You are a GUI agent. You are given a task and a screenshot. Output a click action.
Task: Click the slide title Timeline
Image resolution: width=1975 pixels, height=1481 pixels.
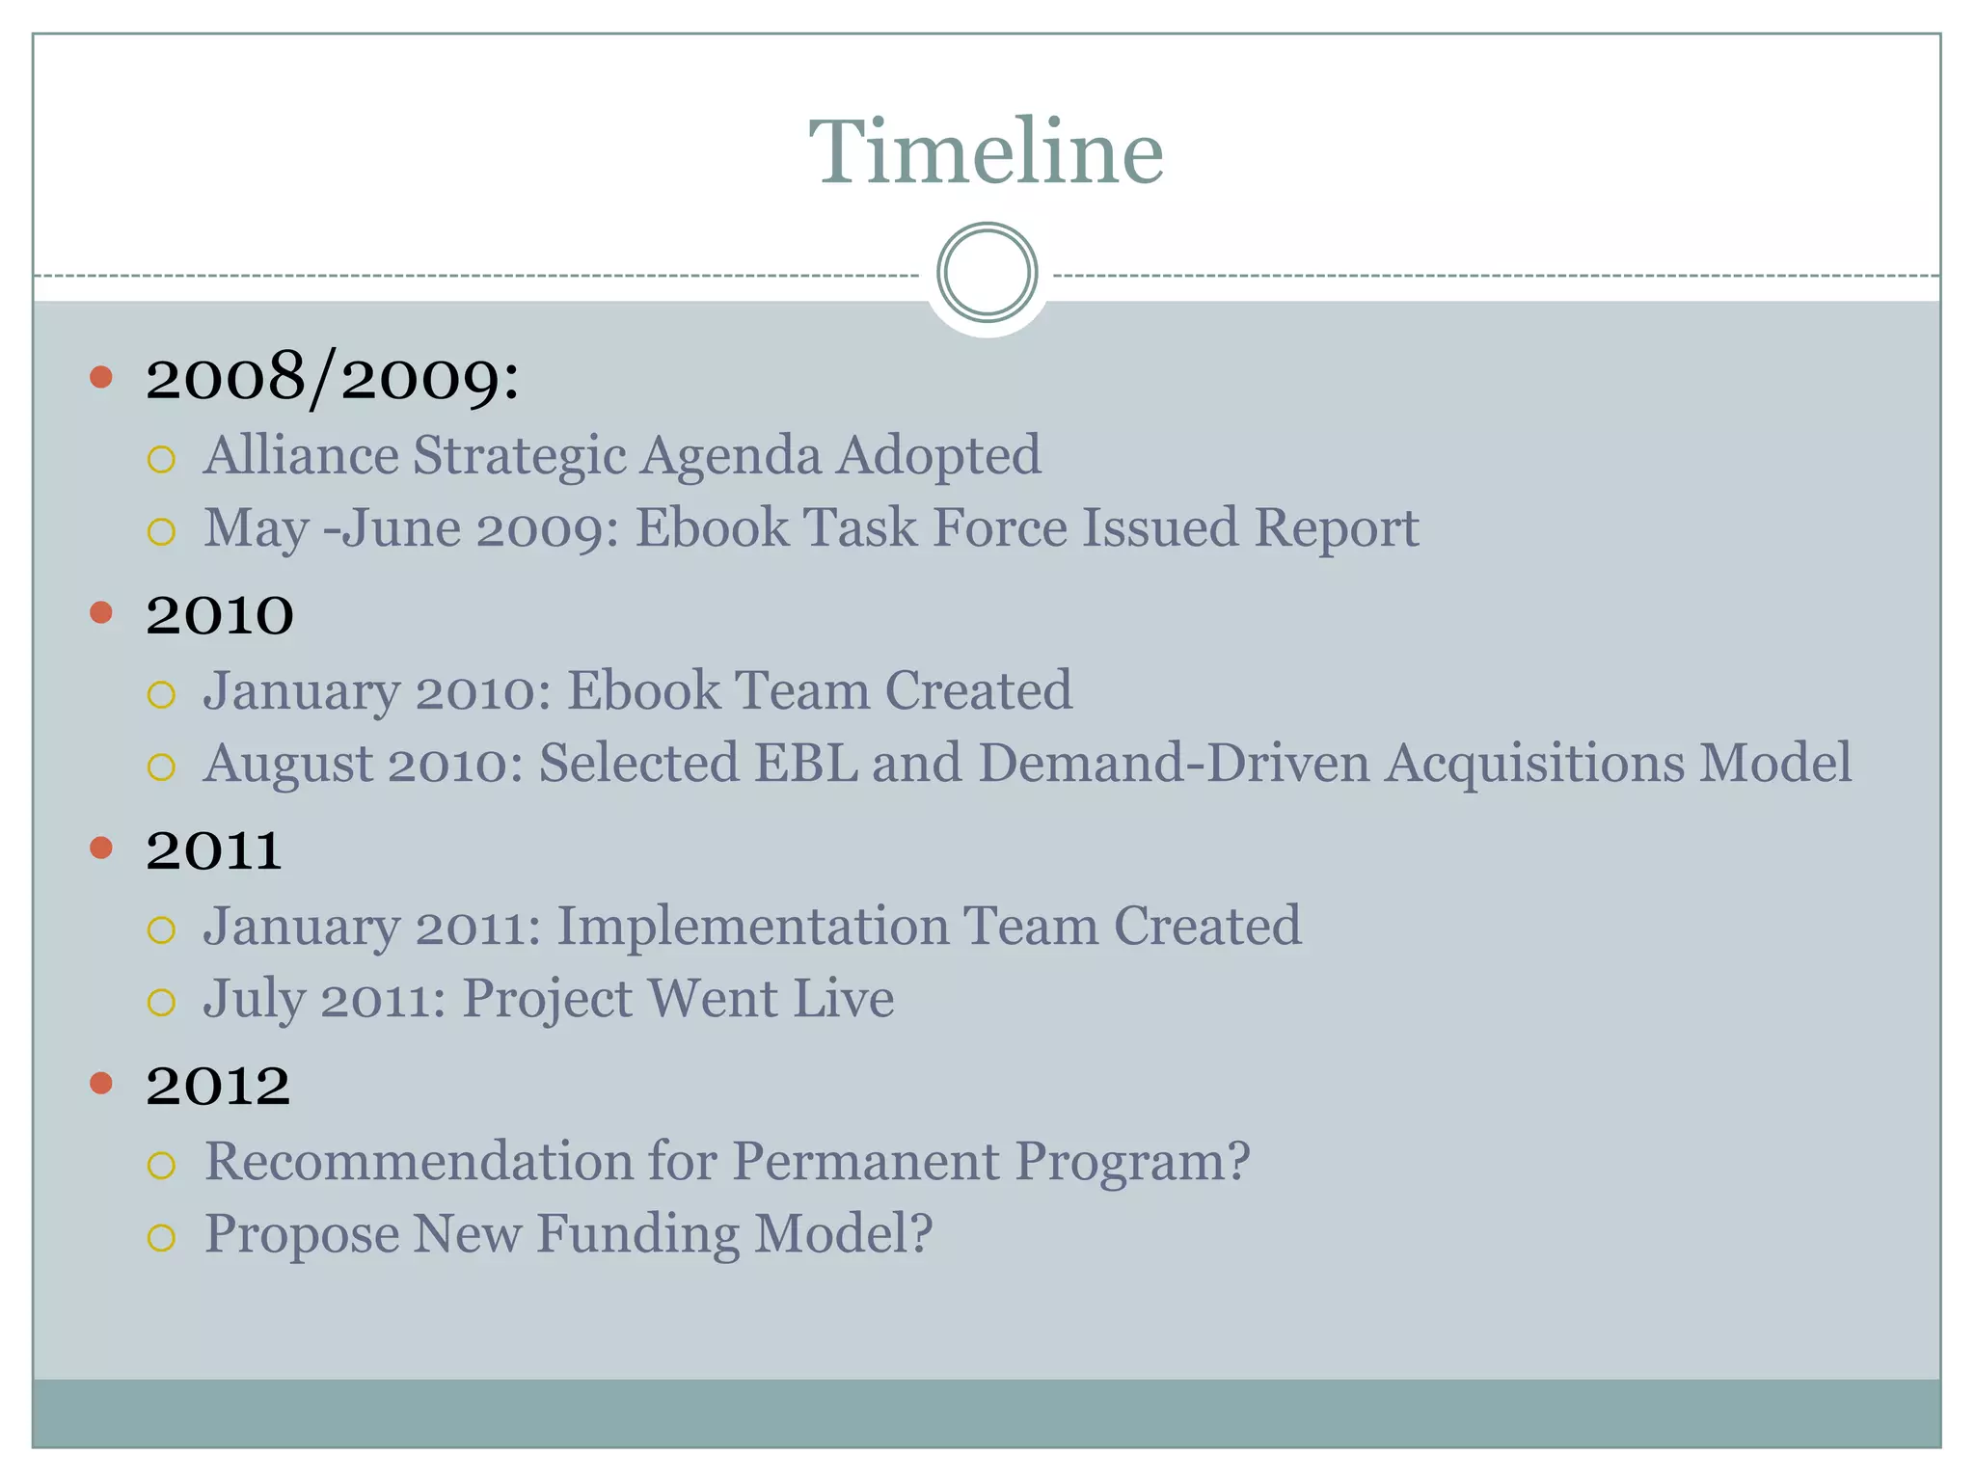click(987, 152)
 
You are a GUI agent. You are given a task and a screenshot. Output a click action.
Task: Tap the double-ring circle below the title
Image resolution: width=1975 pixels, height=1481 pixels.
click(987, 273)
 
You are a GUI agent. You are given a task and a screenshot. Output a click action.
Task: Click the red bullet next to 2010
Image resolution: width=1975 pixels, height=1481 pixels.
click(101, 612)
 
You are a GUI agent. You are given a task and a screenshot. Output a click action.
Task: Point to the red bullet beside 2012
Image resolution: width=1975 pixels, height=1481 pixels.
click(101, 1083)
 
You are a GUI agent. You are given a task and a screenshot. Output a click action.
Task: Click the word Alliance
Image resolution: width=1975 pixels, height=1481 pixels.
click(301, 455)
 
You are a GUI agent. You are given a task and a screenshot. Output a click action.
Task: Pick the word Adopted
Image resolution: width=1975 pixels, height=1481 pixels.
click(938, 455)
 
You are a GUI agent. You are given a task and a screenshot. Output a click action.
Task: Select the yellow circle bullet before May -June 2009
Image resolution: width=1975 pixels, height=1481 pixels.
click(162, 531)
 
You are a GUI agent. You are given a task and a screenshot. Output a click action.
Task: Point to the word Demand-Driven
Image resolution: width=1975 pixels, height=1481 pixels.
click(1174, 763)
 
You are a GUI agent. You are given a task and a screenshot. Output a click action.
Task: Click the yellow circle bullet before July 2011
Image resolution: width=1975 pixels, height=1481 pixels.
click(162, 1003)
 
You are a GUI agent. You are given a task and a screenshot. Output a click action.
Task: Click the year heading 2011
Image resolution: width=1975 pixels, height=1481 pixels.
click(213, 850)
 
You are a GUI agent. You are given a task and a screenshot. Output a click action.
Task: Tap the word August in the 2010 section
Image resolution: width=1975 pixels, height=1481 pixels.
click(288, 763)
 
